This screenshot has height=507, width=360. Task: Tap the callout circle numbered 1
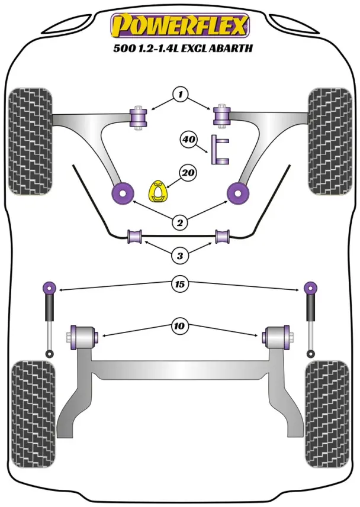[181, 94]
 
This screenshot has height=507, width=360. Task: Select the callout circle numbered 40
[188, 140]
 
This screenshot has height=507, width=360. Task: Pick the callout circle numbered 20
[188, 173]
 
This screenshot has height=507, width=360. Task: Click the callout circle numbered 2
[179, 222]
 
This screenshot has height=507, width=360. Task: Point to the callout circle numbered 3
[179, 256]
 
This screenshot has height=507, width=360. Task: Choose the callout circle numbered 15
[179, 285]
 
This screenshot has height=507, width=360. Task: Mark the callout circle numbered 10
[179, 325]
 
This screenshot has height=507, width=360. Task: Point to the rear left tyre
[34, 414]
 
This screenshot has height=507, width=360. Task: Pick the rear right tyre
[327, 414]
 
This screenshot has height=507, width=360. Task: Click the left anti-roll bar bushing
[136, 237]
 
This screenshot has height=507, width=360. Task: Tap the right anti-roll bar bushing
[223, 237]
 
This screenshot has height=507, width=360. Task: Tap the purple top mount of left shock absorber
[49, 288]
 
